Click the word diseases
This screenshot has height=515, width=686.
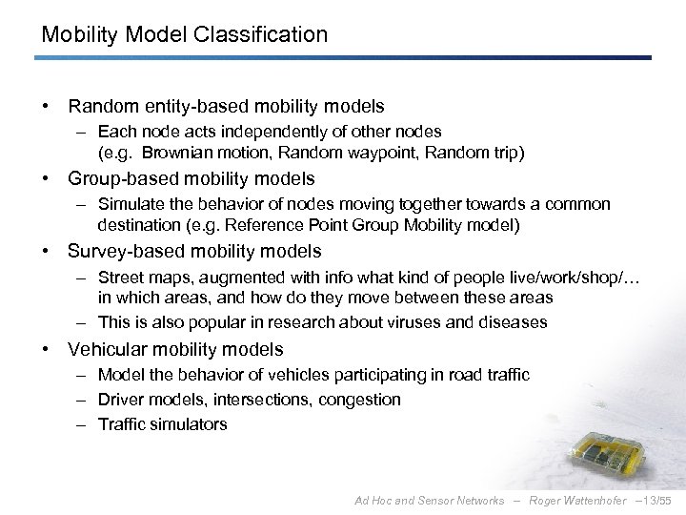tap(514, 321)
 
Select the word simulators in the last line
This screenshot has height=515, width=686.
tap(188, 423)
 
